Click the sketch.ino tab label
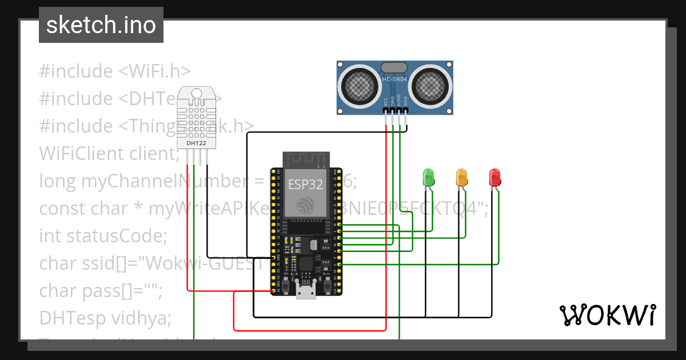tap(101, 25)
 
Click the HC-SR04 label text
tap(394, 79)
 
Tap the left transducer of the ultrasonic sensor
tap(361, 86)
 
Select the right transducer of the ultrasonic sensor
tap(432, 86)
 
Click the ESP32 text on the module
tap(305, 185)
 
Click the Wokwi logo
tap(607, 315)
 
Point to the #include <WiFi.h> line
tap(114, 71)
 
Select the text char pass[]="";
tap(101, 290)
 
